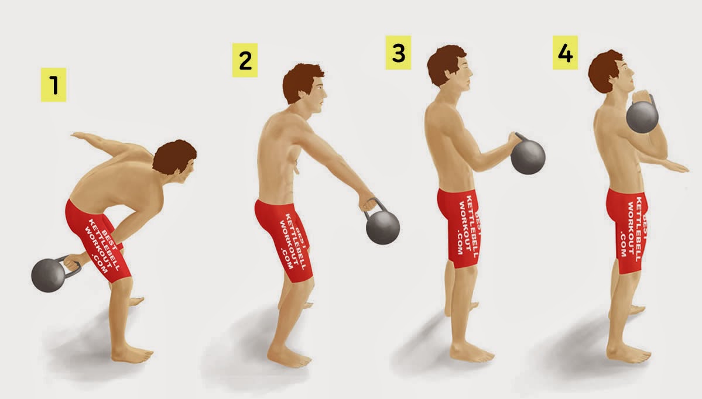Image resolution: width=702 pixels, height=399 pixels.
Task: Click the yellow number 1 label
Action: (x=53, y=85)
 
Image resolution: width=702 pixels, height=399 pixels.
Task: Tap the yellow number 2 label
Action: (x=245, y=60)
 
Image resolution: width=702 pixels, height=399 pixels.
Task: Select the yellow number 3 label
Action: (x=398, y=53)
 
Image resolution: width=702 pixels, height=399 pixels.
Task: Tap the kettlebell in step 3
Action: (x=528, y=156)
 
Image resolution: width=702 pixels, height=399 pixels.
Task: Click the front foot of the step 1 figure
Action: (x=132, y=355)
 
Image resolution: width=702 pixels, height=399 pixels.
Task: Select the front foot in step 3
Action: (x=471, y=353)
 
